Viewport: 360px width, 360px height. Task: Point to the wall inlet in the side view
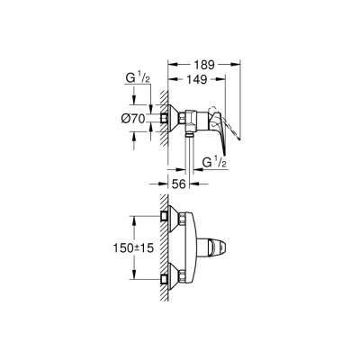coord(168,118)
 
